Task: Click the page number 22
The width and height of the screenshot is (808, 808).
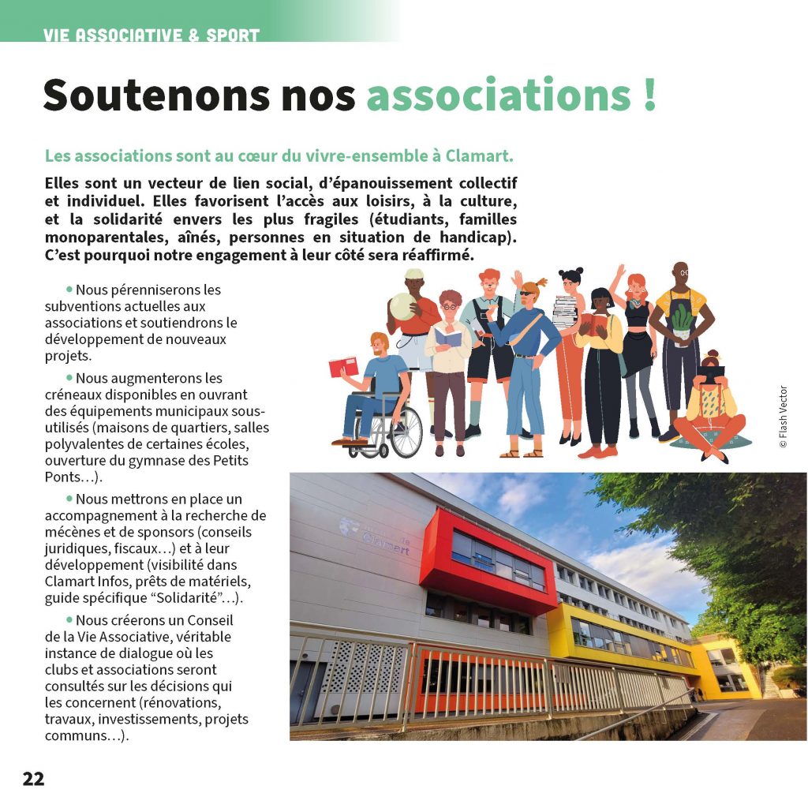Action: pos(34,779)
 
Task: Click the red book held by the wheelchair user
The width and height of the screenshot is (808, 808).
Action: pos(343,367)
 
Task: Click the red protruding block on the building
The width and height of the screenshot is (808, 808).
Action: pos(488,561)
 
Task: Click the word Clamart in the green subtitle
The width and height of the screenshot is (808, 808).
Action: pos(480,155)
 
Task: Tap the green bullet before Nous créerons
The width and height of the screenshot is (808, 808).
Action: pos(69,620)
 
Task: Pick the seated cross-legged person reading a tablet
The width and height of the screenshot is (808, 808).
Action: pos(710,410)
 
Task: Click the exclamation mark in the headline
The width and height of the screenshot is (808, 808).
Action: pos(649,95)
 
